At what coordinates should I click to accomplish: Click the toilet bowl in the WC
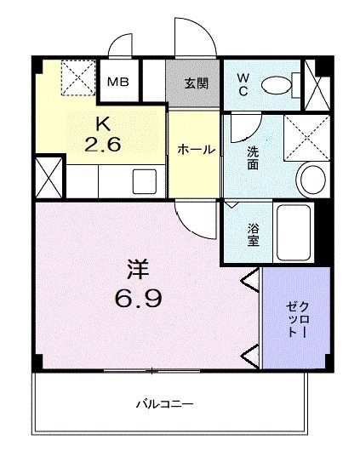click(x=276, y=83)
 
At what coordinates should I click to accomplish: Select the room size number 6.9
click(x=138, y=300)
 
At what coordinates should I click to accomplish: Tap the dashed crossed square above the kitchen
click(x=79, y=77)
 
